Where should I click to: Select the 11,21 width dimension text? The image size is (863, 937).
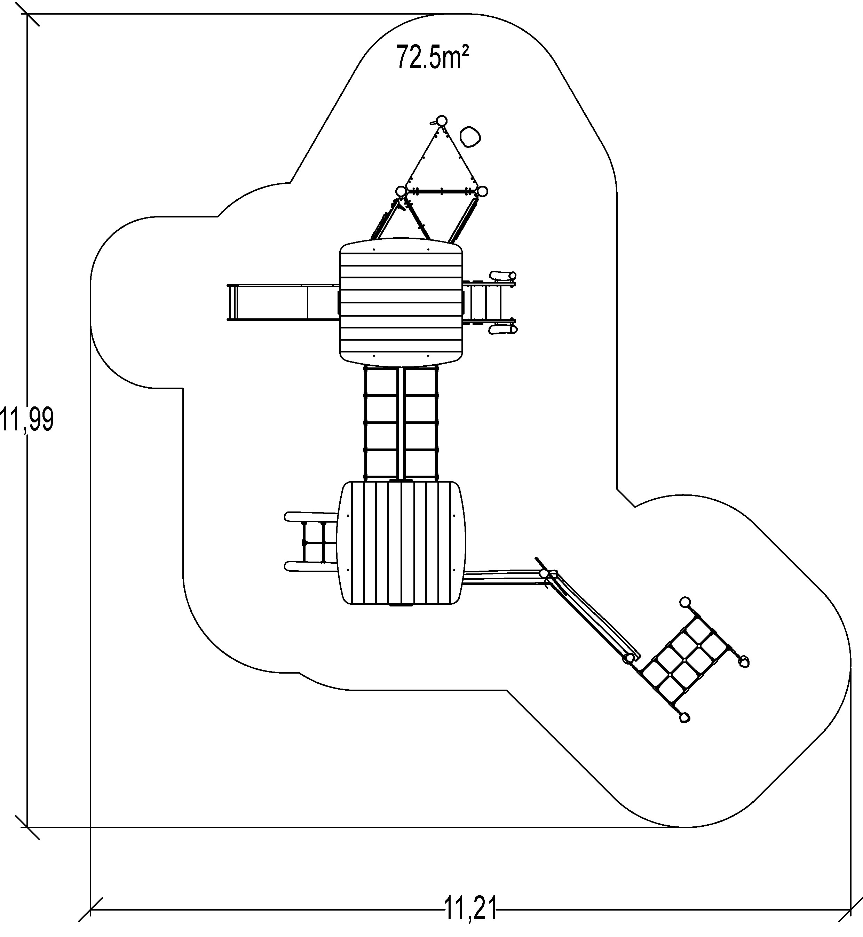[x=470, y=908]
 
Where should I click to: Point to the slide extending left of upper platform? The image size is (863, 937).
[x=283, y=302]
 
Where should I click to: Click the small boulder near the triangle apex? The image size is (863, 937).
[x=470, y=136]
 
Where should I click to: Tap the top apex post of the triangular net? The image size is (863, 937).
[x=441, y=120]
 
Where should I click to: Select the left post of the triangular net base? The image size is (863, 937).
[x=401, y=191]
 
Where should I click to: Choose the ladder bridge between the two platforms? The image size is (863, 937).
[x=401, y=424]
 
